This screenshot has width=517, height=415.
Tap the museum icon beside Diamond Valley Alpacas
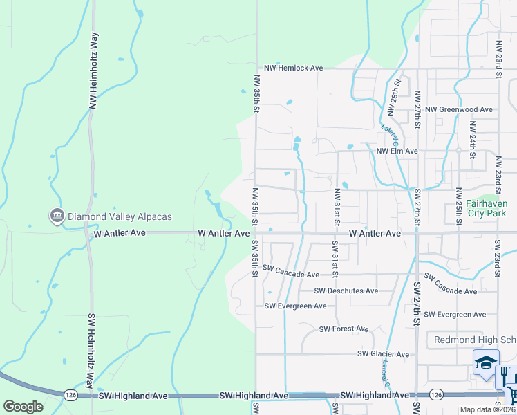click(56, 216)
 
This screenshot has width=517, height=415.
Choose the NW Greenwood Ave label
click(459, 109)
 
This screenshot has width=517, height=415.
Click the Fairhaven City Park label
click(487, 210)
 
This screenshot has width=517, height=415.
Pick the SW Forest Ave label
click(344, 329)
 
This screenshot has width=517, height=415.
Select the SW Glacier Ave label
click(383, 354)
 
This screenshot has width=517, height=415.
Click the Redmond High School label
click(474, 340)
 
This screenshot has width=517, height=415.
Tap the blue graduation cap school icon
click(485, 362)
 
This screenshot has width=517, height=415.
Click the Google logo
click(22, 407)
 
